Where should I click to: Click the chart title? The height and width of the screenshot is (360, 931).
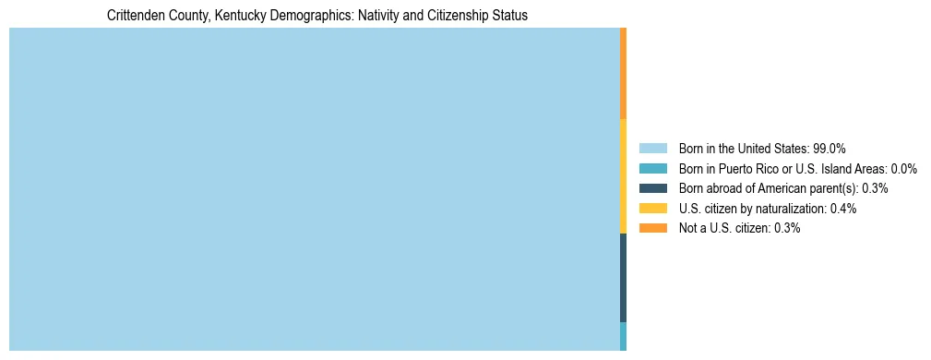point(316,16)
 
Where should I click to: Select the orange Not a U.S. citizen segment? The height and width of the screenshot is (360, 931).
point(624,74)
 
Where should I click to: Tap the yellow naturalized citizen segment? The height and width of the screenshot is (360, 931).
point(624,175)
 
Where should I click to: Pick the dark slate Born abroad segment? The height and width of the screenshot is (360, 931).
point(624,277)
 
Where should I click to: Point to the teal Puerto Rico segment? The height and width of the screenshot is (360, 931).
point(624,336)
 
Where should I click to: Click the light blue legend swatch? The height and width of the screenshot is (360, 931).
point(652,148)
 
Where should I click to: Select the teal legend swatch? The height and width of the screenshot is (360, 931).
point(652,168)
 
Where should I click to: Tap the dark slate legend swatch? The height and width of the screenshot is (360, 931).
point(652,188)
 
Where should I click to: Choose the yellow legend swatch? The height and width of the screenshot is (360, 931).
point(652,209)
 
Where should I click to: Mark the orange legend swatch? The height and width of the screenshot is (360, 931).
point(652,228)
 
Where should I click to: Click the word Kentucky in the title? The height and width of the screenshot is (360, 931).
point(239,16)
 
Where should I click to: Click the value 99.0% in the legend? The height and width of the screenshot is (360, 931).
point(830,148)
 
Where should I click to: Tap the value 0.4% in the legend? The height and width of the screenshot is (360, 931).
point(843,209)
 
